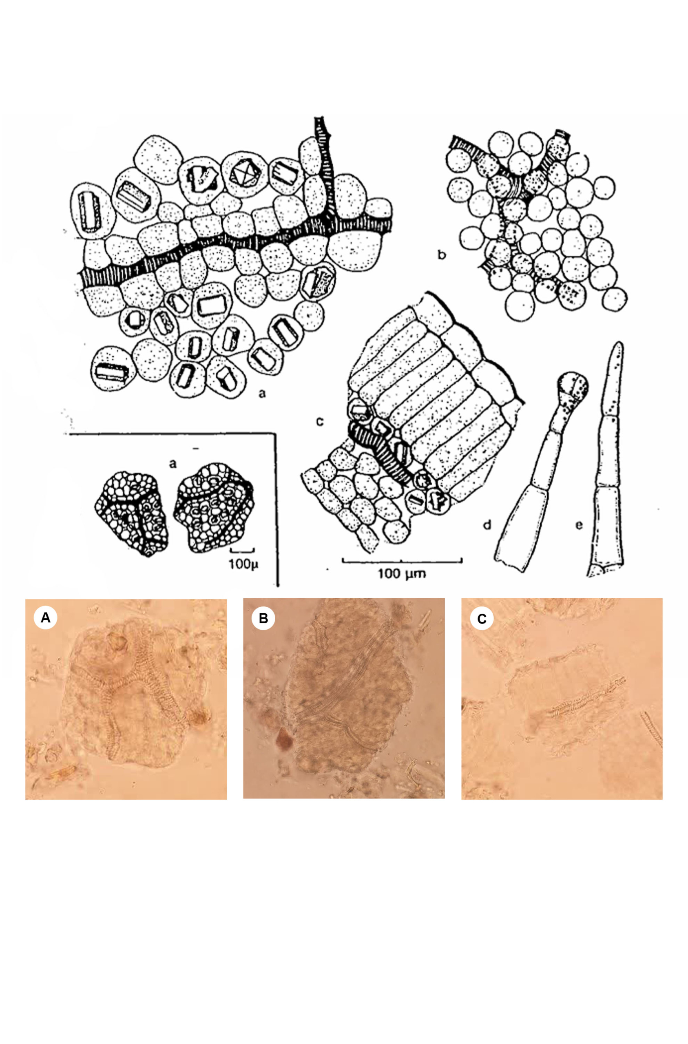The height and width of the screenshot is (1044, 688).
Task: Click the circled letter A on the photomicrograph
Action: (46, 618)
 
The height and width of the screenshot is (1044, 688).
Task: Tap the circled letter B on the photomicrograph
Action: (263, 618)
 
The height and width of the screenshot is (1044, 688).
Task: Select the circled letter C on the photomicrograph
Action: (482, 619)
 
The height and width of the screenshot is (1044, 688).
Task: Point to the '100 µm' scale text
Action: (401, 573)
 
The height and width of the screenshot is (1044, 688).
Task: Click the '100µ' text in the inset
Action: (243, 564)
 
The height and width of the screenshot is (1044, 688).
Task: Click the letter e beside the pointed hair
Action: (579, 524)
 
